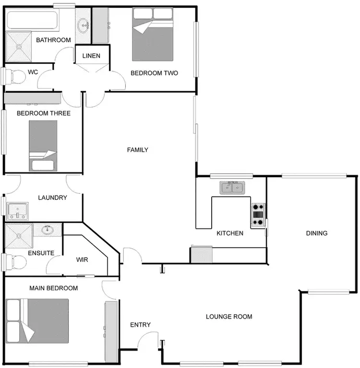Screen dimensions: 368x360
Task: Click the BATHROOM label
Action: click(54, 40)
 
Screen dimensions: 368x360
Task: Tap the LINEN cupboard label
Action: click(91, 56)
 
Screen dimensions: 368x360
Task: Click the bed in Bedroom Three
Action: click(43, 144)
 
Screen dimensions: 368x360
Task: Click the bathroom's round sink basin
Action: click(84, 23)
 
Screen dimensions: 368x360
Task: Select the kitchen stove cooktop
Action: click(258, 214)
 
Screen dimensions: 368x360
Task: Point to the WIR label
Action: click(83, 260)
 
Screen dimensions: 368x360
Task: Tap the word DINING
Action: click(317, 233)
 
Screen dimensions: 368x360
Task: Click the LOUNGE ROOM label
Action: click(229, 317)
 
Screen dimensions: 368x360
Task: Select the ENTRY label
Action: click(141, 325)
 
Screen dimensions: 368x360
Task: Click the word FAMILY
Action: click(138, 150)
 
